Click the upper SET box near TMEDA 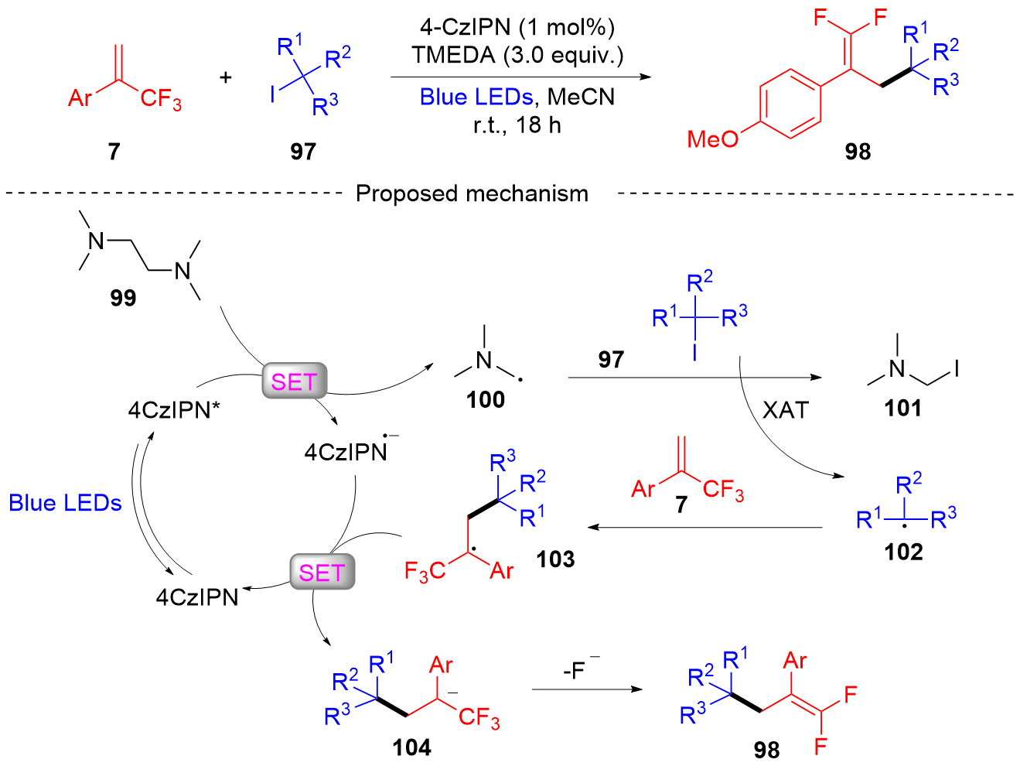click(x=294, y=381)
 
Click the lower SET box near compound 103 click(x=322, y=572)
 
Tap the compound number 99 click(x=123, y=297)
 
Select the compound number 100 click(x=486, y=400)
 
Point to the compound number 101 click(x=903, y=408)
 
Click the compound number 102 click(x=904, y=552)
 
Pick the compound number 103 click(x=555, y=559)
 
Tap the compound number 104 click(x=411, y=747)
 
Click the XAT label click(x=785, y=410)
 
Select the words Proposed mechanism click(x=472, y=193)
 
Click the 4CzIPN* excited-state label click(x=174, y=410)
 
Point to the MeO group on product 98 click(x=713, y=139)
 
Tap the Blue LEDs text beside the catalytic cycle click(x=65, y=503)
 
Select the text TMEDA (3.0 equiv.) click(x=517, y=55)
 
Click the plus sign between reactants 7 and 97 click(x=226, y=77)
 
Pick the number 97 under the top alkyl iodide click(x=303, y=151)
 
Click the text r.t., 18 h click(x=517, y=125)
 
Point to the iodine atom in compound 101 click(x=957, y=369)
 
